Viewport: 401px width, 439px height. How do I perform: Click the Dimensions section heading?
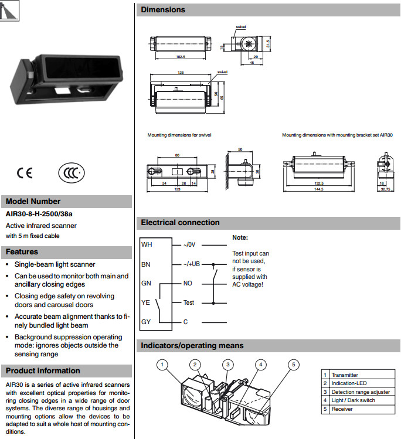[163, 10]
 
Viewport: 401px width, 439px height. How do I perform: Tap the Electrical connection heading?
[180, 223]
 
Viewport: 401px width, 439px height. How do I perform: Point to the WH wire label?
[147, 244]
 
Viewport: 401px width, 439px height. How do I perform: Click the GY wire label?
[147, 322]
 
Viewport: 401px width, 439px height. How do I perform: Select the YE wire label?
[147, 302]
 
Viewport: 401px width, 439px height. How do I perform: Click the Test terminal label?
[188, 302]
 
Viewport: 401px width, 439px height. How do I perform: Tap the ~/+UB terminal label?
[192, 264]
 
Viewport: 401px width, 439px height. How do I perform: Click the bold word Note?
[240, 238]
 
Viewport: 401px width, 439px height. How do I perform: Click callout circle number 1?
[162, 365]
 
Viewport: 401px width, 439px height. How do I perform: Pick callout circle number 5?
[293, 365]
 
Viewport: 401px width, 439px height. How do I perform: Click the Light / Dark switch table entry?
[353, 400]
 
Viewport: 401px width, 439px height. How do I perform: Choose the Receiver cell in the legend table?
[342, 409]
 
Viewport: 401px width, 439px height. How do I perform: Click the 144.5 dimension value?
[318, 189]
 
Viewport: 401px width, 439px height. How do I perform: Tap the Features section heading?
[22, 252]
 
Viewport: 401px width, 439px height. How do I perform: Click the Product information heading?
[43, 370]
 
